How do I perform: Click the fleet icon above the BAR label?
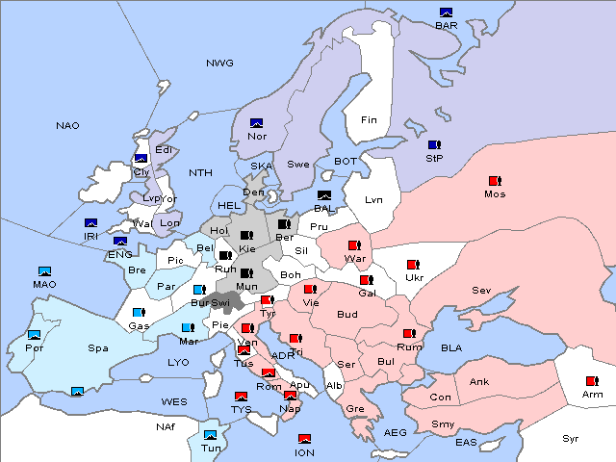coord(446,13)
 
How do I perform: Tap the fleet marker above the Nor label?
coord(256,123)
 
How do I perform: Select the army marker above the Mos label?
coord(495,181)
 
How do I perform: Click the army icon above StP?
coord(434,144)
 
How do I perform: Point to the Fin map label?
coord(368,120)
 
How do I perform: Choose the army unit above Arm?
coord(590,381)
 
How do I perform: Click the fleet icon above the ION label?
coord(304,439)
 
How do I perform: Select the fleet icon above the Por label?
coord(35,335)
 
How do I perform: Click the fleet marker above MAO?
coord(44,271)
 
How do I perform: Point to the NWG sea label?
coord(219,64)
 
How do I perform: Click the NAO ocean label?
coord(67,126)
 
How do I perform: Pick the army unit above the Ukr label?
coord(414,265)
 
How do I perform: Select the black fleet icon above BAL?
coord(323,195)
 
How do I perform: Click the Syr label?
coord(572,438)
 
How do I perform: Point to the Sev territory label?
coord(481,291)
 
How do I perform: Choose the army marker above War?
coord(354,245)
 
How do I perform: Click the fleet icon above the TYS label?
coord(241,397)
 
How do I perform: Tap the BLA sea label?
coord(451,347)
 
